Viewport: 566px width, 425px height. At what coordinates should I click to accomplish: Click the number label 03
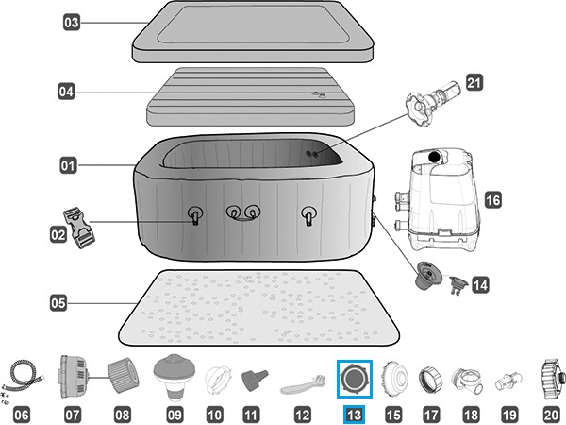point(72,21)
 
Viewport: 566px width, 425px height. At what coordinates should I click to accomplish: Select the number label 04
point(66,93)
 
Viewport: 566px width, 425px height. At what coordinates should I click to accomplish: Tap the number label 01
point(68,165)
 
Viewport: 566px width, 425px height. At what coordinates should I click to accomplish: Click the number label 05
point(59,303)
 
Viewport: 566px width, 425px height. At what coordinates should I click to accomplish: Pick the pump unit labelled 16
point(440,199)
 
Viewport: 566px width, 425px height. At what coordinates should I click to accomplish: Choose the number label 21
point(474,83)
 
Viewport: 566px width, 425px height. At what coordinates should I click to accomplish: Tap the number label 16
point(492,199)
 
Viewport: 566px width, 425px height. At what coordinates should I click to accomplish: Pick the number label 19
point(509,413)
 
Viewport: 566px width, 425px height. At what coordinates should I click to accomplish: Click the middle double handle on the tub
point(241,214)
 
